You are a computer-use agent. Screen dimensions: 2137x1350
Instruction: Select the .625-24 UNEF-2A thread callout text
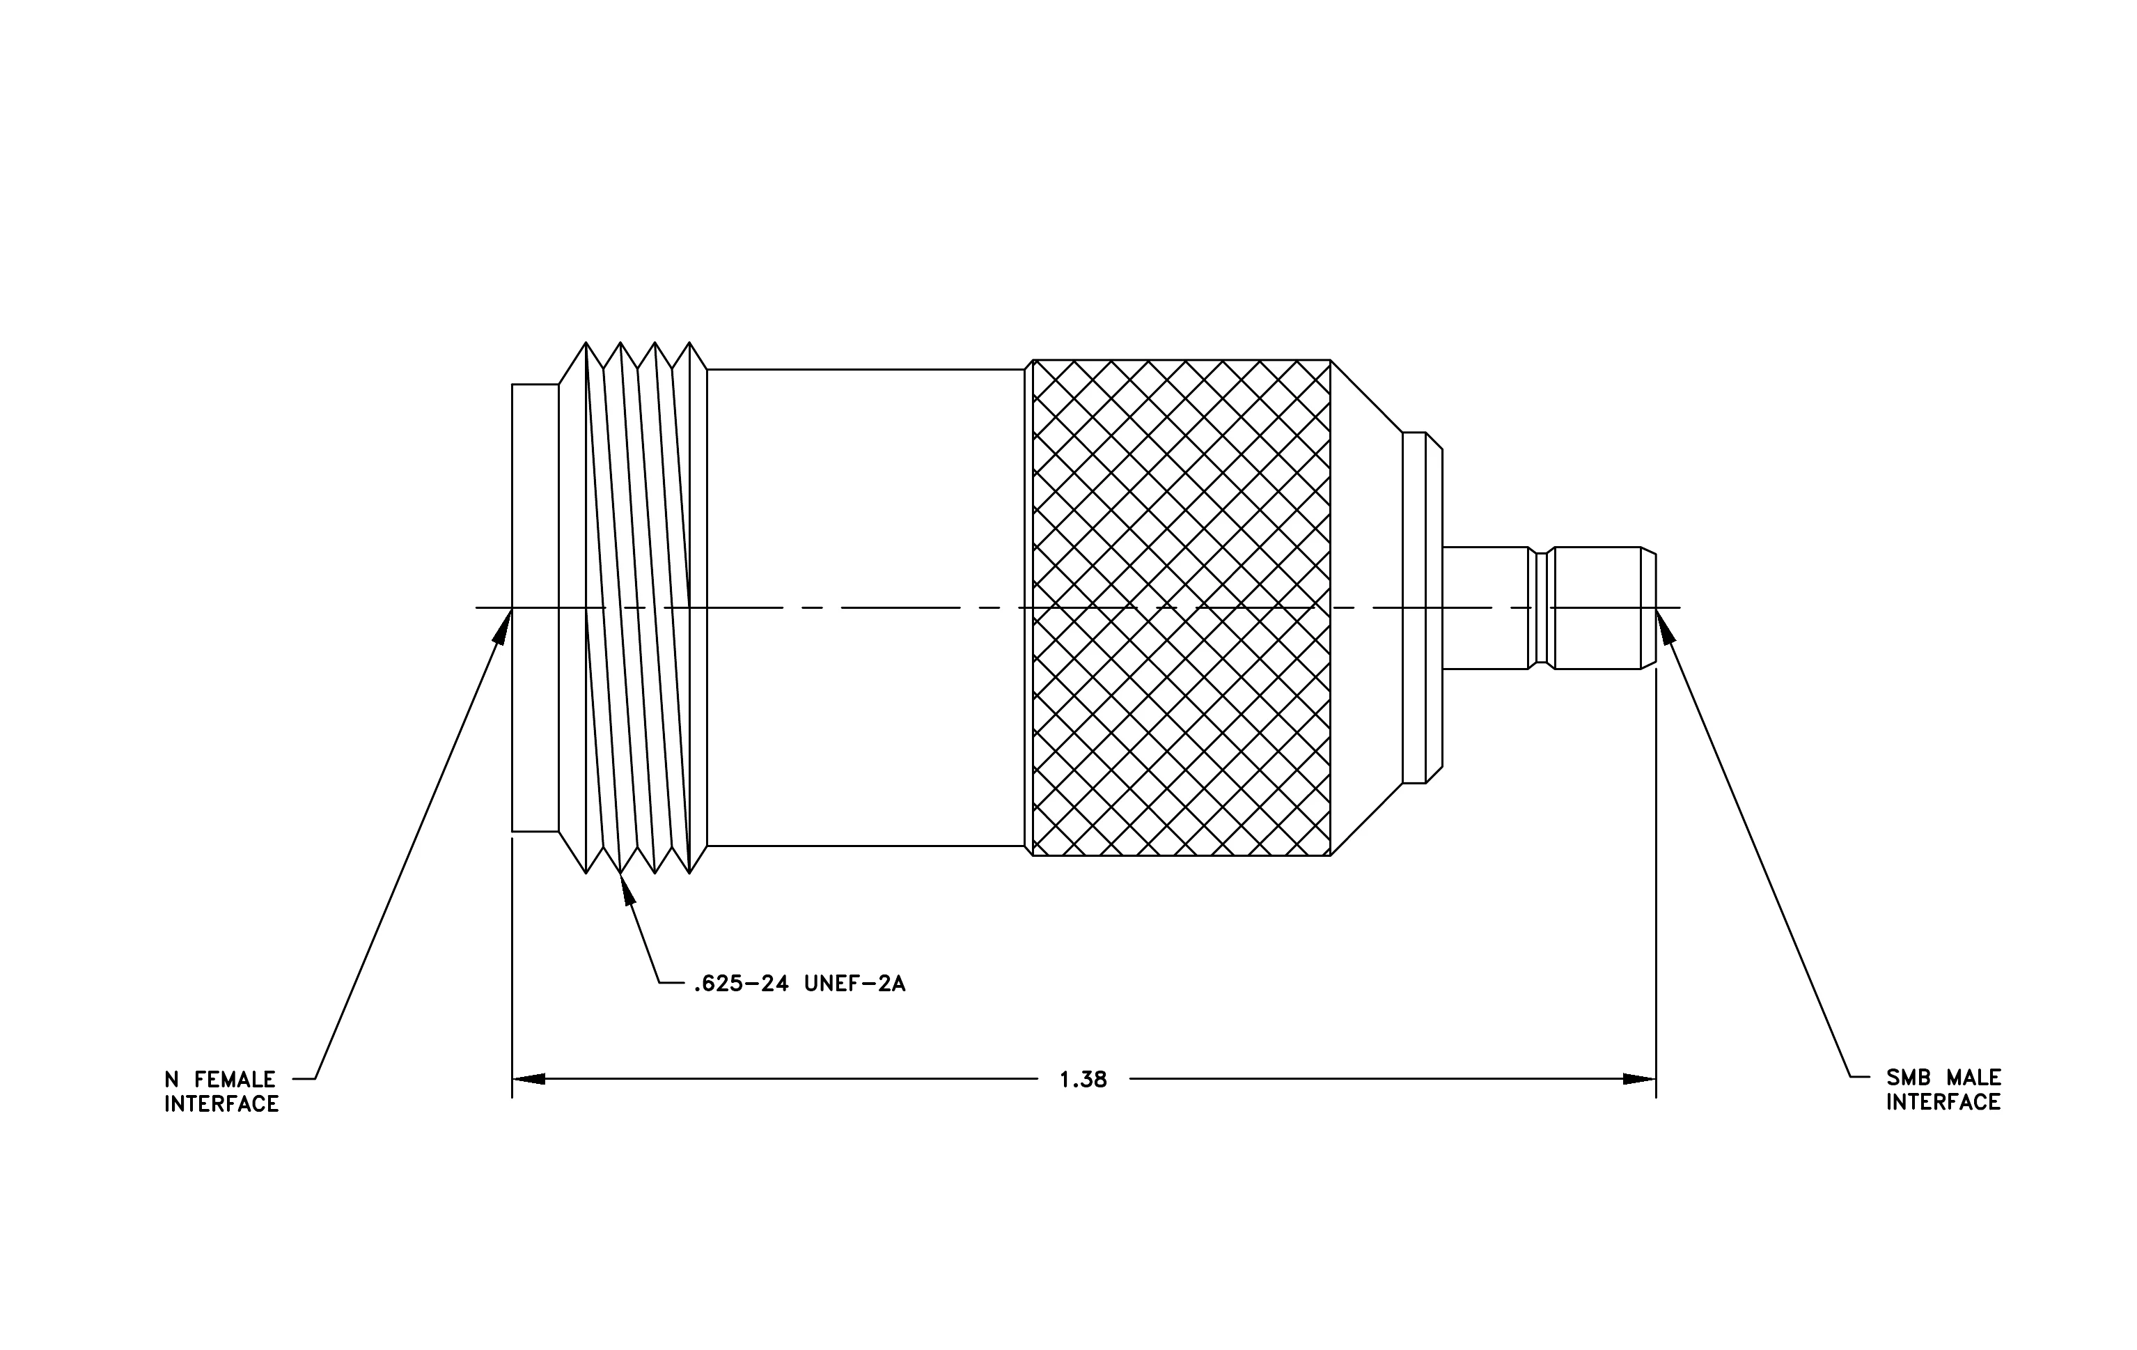click(799, 984)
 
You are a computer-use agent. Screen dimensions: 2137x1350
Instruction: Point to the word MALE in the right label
click(1973, 1078)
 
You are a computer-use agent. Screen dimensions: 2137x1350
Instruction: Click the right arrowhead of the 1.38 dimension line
click(1639, 1079)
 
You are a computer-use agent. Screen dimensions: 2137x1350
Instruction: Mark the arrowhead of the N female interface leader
click(504, 625)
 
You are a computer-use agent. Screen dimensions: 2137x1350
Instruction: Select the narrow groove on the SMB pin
click(1542, 608)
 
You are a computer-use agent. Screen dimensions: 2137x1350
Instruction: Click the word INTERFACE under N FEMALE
click(222, 1104)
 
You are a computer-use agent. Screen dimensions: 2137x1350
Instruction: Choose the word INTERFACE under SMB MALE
click(1943, 1103)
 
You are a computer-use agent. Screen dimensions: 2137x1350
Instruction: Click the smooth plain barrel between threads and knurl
click(866, 607)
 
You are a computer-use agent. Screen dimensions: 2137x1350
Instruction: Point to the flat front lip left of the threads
click(535, 608)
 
